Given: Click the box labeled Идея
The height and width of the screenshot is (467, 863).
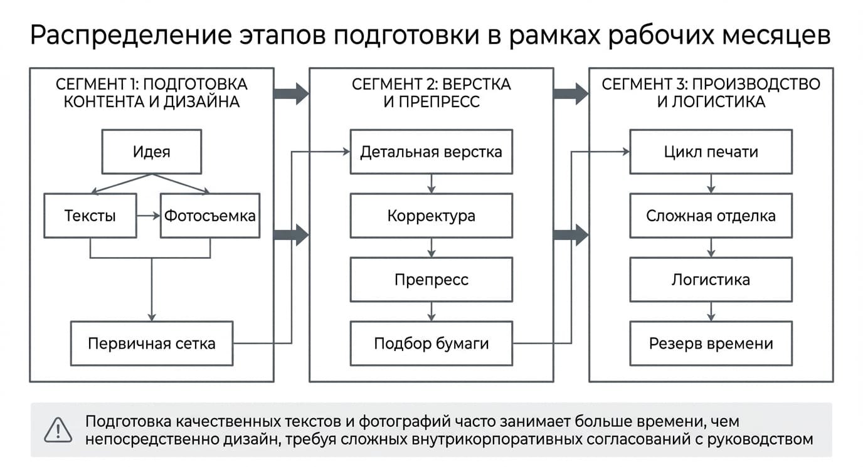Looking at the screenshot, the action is point(151,152).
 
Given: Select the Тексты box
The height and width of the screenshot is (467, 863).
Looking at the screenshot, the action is point(90,216).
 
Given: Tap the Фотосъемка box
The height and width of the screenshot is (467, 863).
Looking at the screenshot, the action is point(210,216).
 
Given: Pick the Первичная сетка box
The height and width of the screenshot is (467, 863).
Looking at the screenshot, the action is point(151,344).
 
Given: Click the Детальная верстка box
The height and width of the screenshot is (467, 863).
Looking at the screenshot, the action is point(431,152).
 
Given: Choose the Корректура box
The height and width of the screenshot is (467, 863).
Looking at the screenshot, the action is point(431,216).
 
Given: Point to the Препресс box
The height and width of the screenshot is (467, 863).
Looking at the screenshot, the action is point(431,280).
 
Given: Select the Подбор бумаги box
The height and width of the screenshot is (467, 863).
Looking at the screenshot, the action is point(431,344).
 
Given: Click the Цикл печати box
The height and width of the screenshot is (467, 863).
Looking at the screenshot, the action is point(711,152).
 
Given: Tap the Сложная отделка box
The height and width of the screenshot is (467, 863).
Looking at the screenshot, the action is point(711,216).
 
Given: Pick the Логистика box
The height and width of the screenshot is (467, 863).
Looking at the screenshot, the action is point(711,280).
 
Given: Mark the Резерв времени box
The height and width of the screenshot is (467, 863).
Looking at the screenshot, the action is point(711,344).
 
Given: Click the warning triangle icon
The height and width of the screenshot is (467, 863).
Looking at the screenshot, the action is point(58,430).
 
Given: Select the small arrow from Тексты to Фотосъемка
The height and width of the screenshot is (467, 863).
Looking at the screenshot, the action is point(148,216).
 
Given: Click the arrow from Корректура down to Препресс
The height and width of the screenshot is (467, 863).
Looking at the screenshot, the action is point(431,248).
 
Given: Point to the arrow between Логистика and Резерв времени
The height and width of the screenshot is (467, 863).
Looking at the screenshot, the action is point(711,312).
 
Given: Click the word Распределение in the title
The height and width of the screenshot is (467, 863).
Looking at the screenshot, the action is point(131,36).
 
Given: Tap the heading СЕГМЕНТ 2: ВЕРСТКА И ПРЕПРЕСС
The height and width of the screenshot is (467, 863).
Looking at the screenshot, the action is point(431,93).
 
